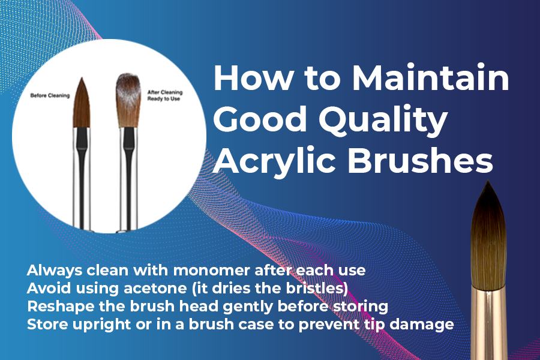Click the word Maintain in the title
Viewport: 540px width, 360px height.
pyautogui.click(x=430, y=77)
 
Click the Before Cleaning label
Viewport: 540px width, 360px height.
pyautogui.click(x=50, y=95)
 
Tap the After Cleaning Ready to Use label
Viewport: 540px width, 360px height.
pyautogui.click(x=164, y=95)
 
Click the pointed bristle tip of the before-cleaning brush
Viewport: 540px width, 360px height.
pyautogui.click(x=82, y=79)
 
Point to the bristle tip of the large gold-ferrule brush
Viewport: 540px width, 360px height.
pyautogui.click(x=488, y=182)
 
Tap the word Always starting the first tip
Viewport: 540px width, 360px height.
pyautogui.click(x=55, y=271)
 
